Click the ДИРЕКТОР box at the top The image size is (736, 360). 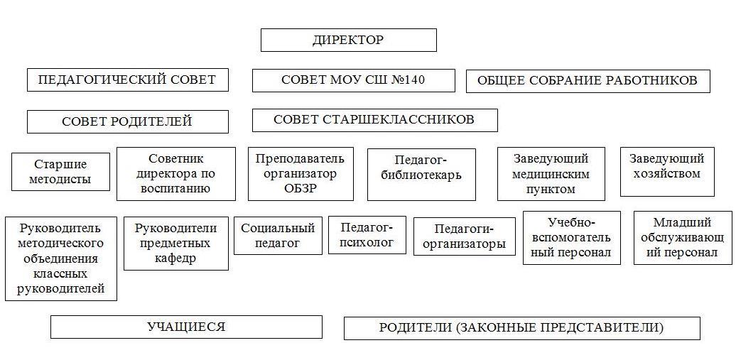pyautogui.click(x=348, y=40)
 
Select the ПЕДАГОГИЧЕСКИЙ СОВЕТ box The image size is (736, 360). pyautogui.click(x=127, y=80)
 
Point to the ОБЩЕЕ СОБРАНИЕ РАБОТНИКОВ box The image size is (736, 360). pyautogui.click(x=587, y=81)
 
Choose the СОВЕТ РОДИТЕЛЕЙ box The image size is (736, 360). pyautogui.click(x=127, y=121)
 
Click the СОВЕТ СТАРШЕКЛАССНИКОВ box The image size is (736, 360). pyautogui.click(x=374, y=120)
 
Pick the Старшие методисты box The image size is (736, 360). pyautogui.click(x=60, y=172)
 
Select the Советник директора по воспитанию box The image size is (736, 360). pyautogui.click(x=175, y=174)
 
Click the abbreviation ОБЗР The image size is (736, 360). pyautogui.click(x=300, y=189)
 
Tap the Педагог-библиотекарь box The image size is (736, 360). pyautogui.click(x=421, y=175)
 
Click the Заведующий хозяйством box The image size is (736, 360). pyautogui.click(x=666, y=172)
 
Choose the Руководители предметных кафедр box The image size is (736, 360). pyautogui.click(x=175, y=244)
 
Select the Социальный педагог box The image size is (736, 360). pyautogui.click(x=278, y=236)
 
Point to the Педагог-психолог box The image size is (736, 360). pyautogui.click(x=367, y=235)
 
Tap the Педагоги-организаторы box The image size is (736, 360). pyautogui.click(x=464, y=236)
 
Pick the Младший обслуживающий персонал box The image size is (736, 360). pyautogui.click(x=683, y=238)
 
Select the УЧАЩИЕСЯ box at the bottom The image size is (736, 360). pyautogui.click(x=185, y=327)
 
